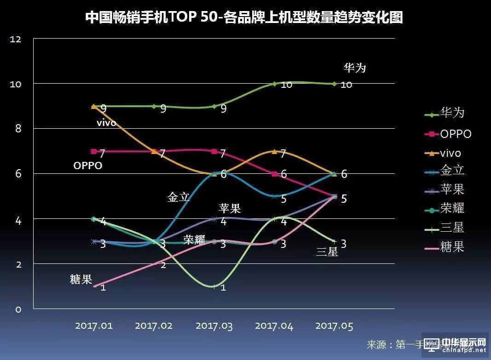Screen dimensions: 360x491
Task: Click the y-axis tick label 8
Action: coord(18,129)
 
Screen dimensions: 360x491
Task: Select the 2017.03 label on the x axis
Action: coord(214,326)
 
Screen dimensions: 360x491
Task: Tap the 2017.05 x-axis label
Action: coord(334,326)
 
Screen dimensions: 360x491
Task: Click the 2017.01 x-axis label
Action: coord(94,326)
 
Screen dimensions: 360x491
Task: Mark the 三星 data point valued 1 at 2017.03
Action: coord(214,286)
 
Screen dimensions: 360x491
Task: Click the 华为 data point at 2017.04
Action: coord(274,84)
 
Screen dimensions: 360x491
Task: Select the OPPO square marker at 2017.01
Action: coord(94,151)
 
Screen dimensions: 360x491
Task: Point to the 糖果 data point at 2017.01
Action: coord(94,286)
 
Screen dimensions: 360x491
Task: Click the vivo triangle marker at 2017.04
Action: coord(274,151)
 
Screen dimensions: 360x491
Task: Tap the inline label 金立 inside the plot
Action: coord(179,198)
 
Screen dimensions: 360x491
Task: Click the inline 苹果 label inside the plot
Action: coord(230,208)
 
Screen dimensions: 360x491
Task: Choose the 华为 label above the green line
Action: coord(355,68)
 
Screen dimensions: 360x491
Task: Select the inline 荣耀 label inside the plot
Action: coord(194,240)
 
